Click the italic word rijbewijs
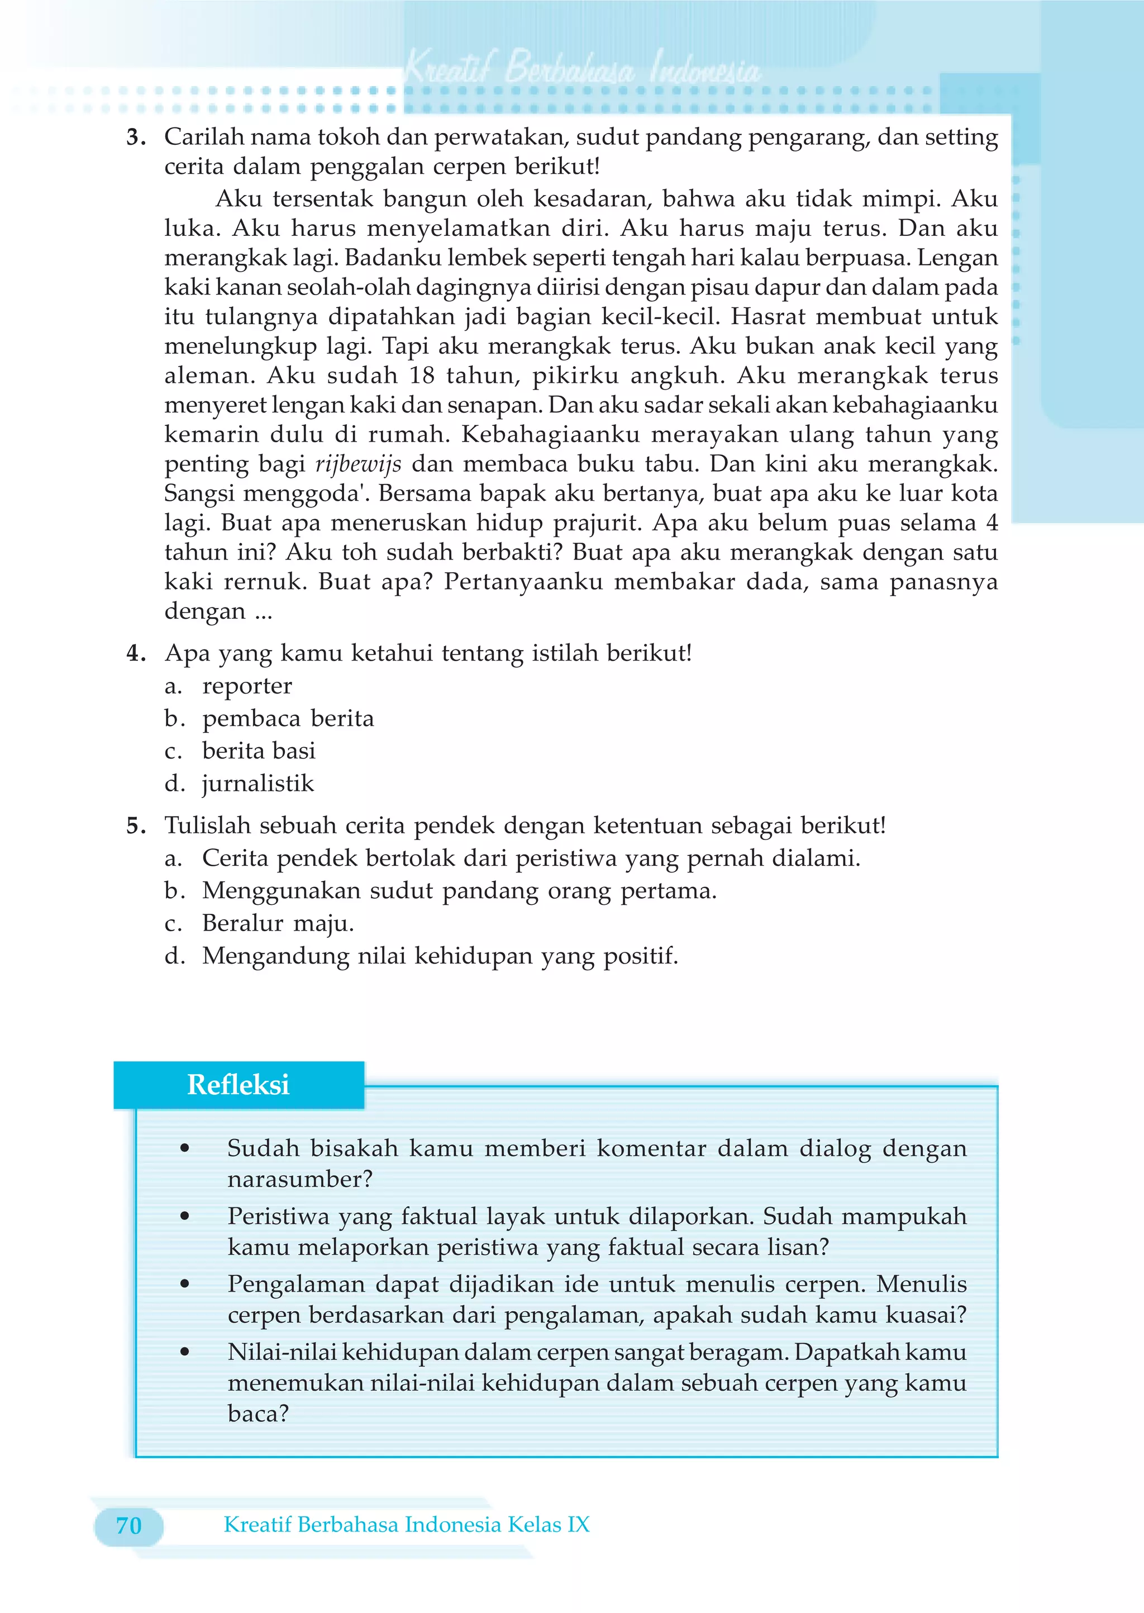[x=358, y=464]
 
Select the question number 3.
[x=135, y=137]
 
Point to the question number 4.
[x=135, y=653]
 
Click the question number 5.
[x=135, y=825]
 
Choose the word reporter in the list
[x=246, y=686]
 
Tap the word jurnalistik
[x=258, y=784]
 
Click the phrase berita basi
[x=259, y=751]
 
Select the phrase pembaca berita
[x=288, y=719]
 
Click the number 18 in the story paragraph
[x=422, y=376]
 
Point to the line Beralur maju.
[x=278, y=923]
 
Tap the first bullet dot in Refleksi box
[x=184, y=1149]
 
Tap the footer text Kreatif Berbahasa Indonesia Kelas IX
[x=407, y=1524]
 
